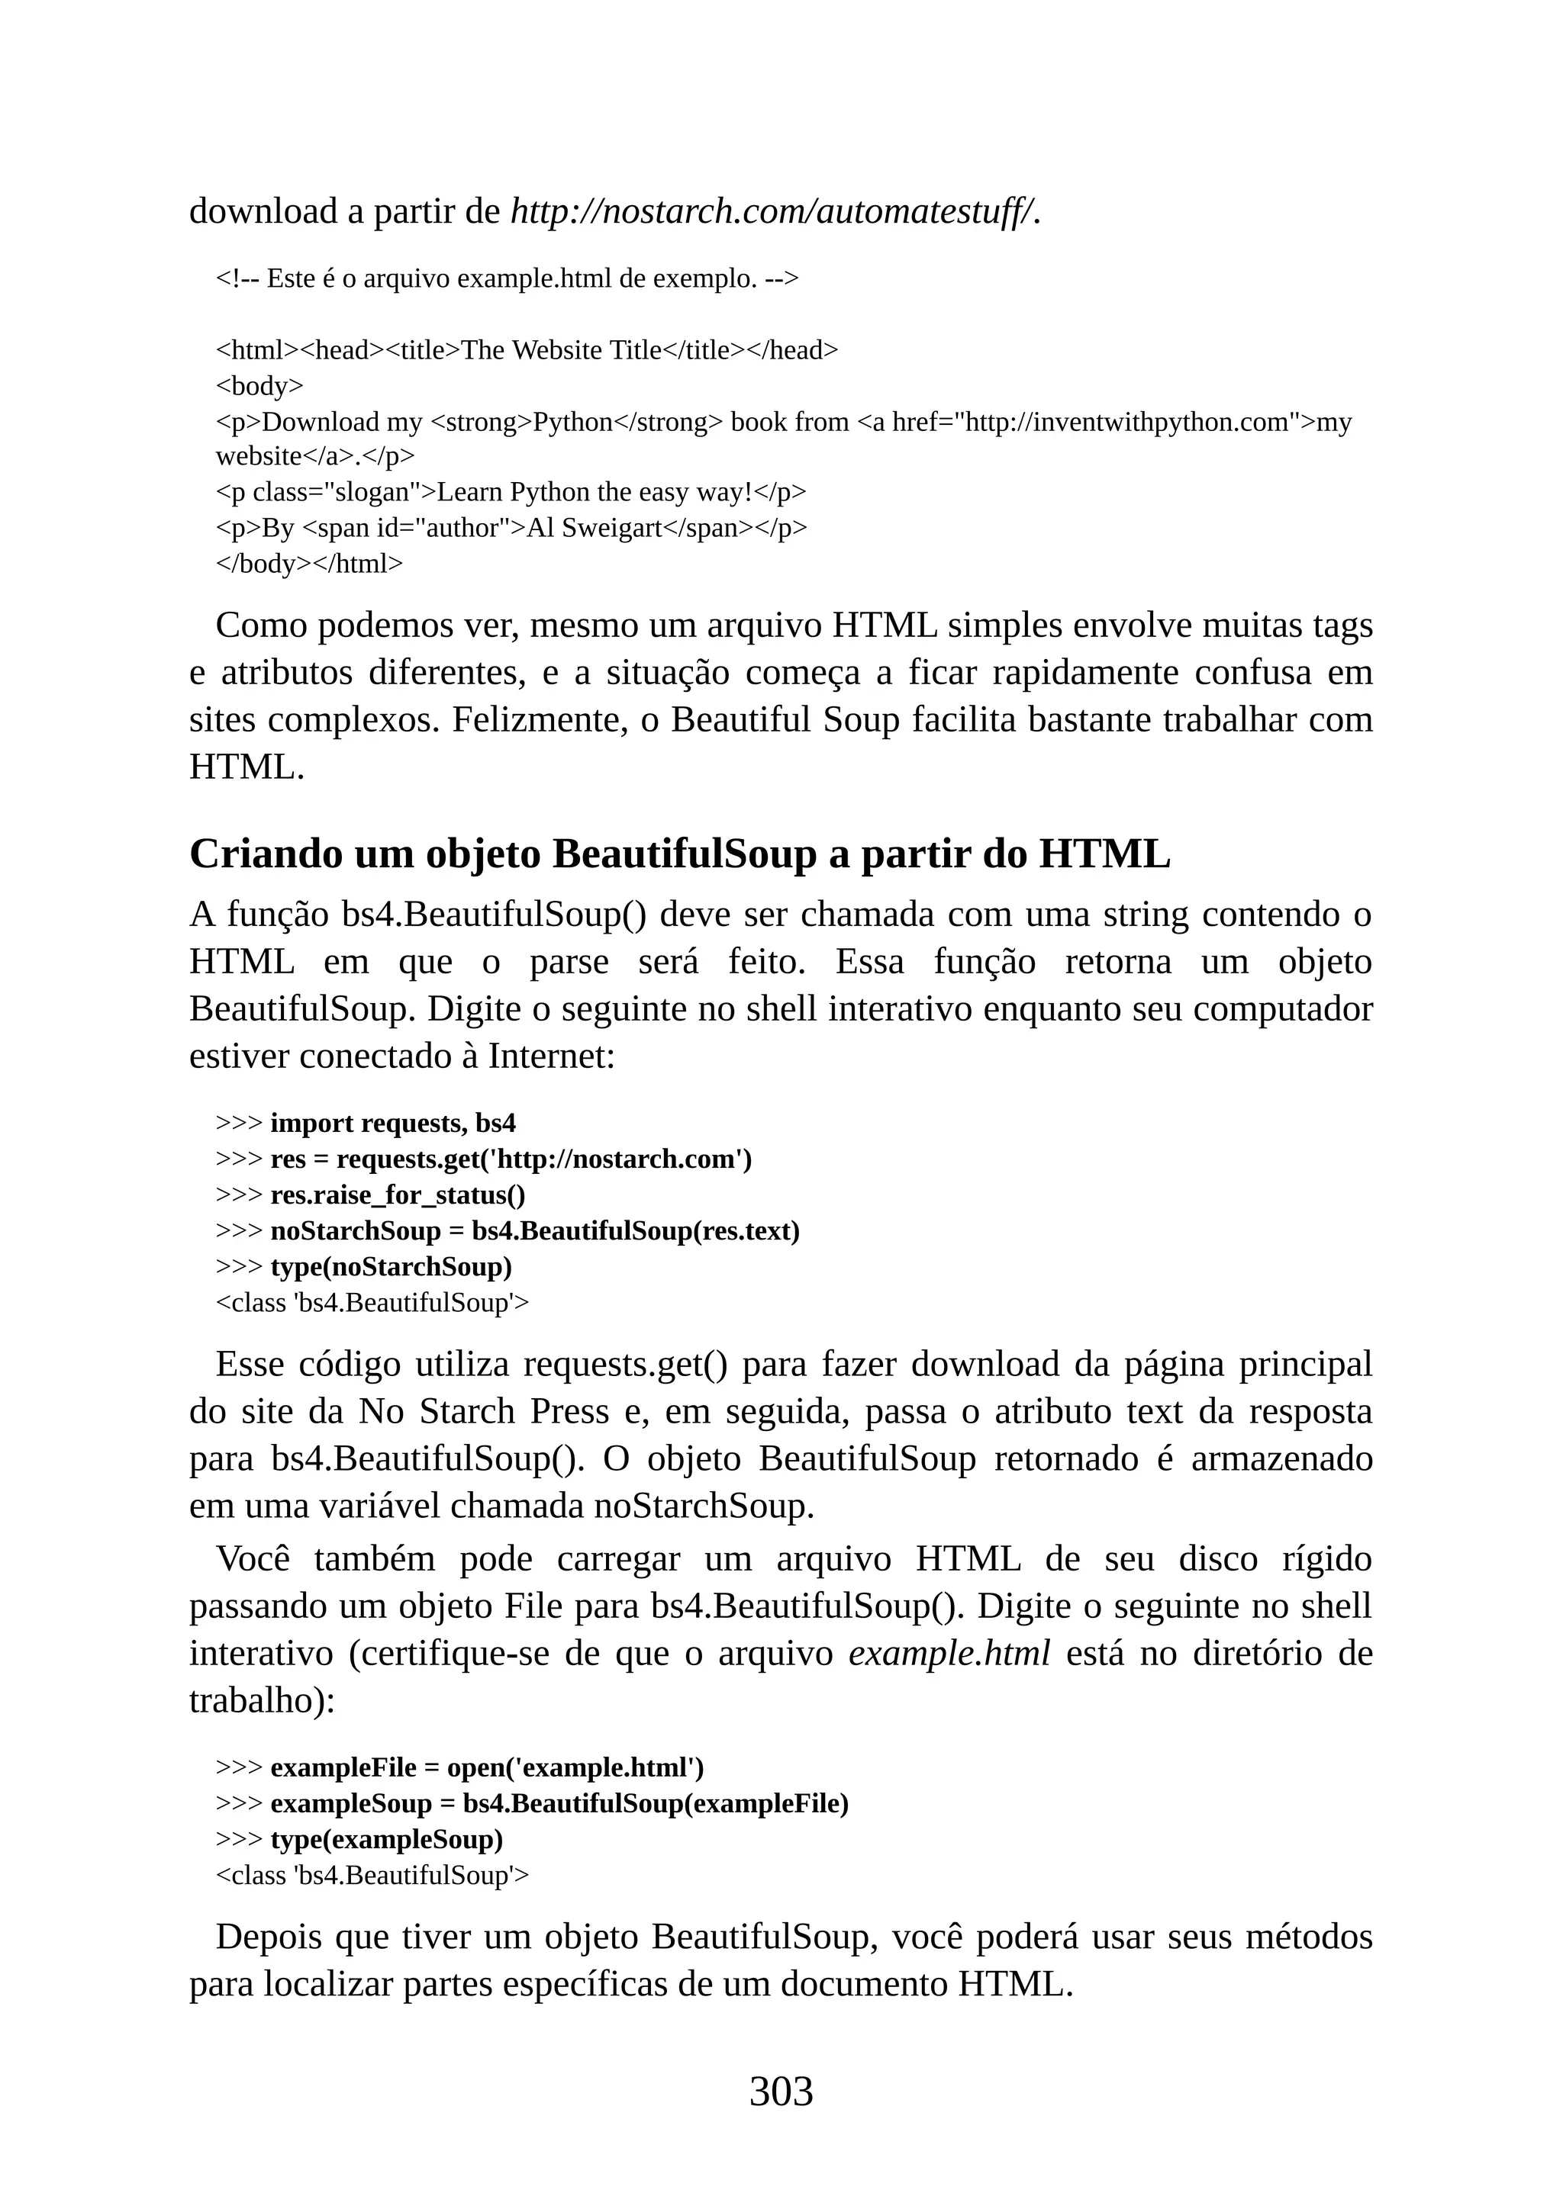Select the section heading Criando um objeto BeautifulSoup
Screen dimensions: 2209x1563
tap(679, 854)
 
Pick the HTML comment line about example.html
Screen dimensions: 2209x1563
tap(508, 278)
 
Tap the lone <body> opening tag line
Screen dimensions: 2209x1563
tap(259, 386)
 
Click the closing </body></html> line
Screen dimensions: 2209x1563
tap(309, 563)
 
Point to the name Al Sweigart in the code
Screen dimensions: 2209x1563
tap(594, 527)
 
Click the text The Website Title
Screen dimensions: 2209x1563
tap(561, 350)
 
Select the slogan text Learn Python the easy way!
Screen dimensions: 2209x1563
tap(594, 492)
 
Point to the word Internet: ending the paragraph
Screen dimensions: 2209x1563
tap(552, 1056)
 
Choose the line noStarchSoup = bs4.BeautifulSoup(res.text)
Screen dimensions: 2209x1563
tap(535, 1230)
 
